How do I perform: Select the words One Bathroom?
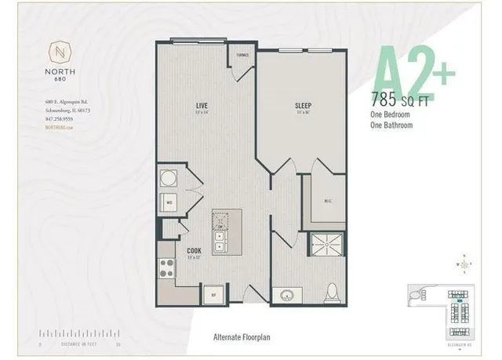point(393,124)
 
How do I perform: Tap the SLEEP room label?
point(304,104)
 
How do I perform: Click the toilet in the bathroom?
point(332,291)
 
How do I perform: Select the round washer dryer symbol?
point(168,177)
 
